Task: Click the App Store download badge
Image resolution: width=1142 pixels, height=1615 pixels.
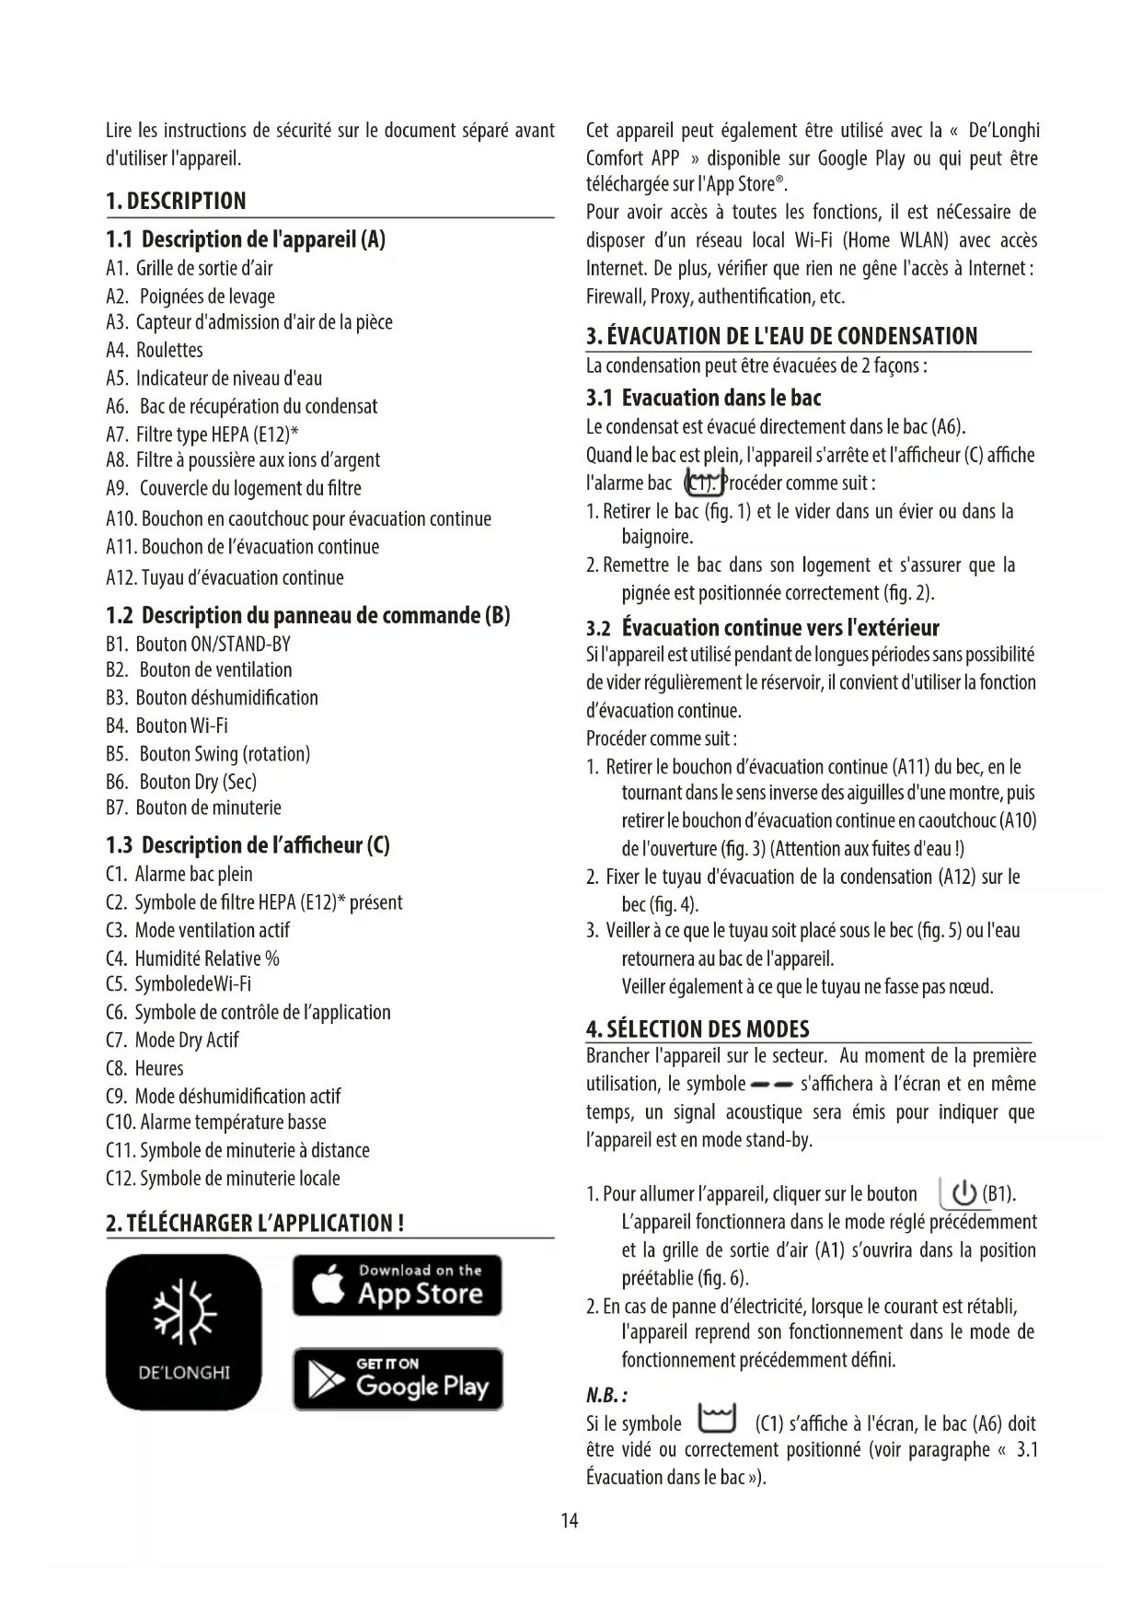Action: tap(398, 1284)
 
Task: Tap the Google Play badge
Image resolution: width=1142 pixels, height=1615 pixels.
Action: tap(398, 1378)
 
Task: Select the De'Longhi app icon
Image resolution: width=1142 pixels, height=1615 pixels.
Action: tap(184, 1331)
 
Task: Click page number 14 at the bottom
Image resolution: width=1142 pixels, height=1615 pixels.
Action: tap(570, 1520)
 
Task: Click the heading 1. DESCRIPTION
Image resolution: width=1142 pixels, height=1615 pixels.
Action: tap(176, 201)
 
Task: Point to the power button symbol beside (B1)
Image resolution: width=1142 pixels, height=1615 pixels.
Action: tap(963, 1194)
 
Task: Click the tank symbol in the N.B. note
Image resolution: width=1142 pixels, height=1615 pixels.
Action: tap(718, 1419)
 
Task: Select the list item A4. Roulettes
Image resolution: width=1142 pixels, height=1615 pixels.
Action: tap(155, 350)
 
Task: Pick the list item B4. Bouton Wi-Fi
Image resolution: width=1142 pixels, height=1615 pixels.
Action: tap(167, 726)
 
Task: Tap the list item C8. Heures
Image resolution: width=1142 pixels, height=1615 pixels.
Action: tap(144, 1068)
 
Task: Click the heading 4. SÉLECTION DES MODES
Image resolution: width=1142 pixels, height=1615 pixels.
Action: tap(698, 1028)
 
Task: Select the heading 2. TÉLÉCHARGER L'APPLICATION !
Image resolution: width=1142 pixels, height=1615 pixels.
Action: tap(255, 1223)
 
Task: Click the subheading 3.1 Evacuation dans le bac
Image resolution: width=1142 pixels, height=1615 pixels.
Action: tap(703, 398)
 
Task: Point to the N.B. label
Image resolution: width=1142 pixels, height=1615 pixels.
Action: tap(606, 1395)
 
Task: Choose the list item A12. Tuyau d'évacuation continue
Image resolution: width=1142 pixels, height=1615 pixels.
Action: tap(225, 577)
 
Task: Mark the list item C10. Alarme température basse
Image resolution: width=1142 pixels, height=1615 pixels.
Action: tap(216, 1121)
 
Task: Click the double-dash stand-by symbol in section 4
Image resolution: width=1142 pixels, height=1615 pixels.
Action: tap(772, 1084)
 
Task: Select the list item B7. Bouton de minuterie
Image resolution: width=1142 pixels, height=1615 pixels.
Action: tap(193, 807)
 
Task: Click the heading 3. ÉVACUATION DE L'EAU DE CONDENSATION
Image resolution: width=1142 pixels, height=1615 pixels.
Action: tap(781, 336)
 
